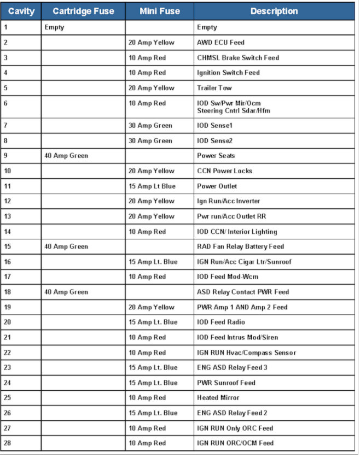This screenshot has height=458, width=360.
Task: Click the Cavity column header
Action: click(21, 11)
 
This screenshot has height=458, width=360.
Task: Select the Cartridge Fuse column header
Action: click(83, 11)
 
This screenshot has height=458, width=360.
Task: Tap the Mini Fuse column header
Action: click(159, 11)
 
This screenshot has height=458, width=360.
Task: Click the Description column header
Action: click(274, 11)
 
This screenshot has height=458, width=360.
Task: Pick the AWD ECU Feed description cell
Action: click(220, 43)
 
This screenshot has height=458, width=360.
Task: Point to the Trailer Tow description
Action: click(214, 88)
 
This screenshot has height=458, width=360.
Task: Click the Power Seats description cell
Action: click(216, 156)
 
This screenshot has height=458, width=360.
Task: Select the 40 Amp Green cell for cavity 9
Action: click(66, 156)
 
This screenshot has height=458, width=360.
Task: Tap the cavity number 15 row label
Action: click(8, 247)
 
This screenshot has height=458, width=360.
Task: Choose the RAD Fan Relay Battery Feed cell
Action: click(240, 247)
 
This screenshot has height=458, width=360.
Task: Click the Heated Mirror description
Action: click(218, 398)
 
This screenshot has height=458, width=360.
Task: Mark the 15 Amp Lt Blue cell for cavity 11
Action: click(152, 186)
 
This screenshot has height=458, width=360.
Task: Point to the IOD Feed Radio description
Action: click(221, 322)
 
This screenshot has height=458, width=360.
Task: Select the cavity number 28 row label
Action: click(8, 443)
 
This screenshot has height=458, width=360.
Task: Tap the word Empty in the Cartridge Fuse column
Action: click(54, 27)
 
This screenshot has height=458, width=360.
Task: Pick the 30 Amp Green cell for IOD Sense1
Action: click(150, 126)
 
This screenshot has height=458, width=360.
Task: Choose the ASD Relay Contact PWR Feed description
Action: click(243, 292)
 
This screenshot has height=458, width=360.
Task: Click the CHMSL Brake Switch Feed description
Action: click(238, 58)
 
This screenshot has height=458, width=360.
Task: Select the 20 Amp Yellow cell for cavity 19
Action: click(152, 308)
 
